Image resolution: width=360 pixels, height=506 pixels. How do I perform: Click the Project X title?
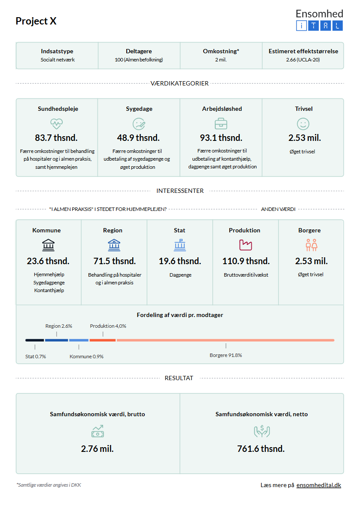pyautogui.click(x=36, y=21)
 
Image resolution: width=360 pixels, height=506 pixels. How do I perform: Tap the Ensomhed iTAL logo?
pyautogui.click(x=319, y=20)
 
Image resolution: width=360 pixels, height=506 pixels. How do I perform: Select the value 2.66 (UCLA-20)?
pyautogui.click(x=303, y=60)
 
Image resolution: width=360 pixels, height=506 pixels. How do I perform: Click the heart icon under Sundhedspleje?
pyautogui.click(x=57, y=124)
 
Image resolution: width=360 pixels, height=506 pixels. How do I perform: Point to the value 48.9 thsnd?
pyautogui.click(x=138, y=138)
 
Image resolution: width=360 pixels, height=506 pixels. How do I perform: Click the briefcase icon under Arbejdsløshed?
pyautogui.click(x=221, y=124)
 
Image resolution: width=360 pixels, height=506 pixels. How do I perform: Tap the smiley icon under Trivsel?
pyautogui.click(x=303, y=124)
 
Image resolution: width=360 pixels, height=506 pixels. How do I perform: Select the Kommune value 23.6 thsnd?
pyautogui.click(x=48, y=261)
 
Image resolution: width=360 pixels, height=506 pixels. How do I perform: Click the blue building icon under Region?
pyautogui.click(x=114, y=245)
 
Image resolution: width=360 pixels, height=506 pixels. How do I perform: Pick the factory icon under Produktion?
pyautogui.click(x=245, y=245)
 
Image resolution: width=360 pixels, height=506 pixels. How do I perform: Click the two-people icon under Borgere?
pyautogui.click(x=311, y=245)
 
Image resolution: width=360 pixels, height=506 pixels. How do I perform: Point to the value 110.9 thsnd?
pyautogui.click(x=246, y=261)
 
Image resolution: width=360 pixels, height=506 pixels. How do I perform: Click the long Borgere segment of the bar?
pyautogui.click(x=226, y=340)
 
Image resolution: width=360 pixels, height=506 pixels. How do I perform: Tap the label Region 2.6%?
pyautogui.click(x=59, y=326)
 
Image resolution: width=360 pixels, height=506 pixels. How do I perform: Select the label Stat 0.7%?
pyautogui.click(x=36, y=357)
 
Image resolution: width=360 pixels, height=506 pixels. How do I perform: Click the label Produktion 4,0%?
pyautogui.click(x=108, y=326)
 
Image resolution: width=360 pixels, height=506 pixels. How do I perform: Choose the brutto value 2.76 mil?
pyautogui.click(x=97, y=449)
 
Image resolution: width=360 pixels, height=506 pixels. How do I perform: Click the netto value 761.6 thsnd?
pyautogui.click(x=261, y=449)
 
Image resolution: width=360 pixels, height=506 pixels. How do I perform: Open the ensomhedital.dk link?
pyautogui.click(x=319, y=485)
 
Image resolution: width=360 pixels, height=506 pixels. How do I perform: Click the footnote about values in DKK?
pyautogui.click(x=49, y=485)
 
